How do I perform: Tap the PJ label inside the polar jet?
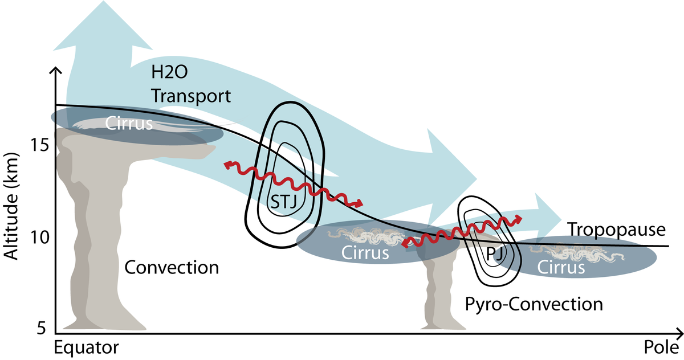(x=495, y=253)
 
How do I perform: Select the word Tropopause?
(x=617, y=230)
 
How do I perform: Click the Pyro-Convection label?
(x=534, y=304)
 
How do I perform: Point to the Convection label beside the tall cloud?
(x=172, y=267)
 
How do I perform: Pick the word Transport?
(x=190, y=96)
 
